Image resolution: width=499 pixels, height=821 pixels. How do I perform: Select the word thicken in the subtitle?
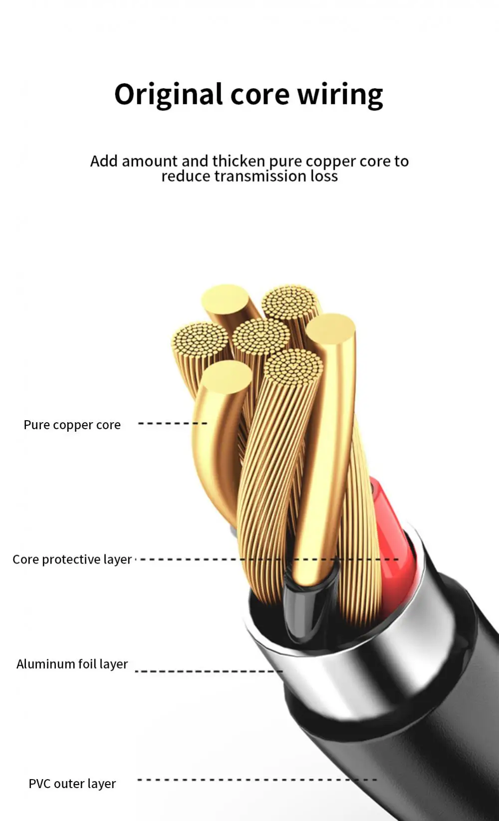point(239,161)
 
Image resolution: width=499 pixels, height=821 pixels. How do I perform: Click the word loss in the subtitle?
point(324,176)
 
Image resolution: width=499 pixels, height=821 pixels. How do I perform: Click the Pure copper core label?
point(72,425)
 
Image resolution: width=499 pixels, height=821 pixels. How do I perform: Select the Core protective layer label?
point(72,559)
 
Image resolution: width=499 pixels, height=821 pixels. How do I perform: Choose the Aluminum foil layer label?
point(72,664)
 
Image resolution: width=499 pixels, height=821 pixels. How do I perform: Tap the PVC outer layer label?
point(72,784)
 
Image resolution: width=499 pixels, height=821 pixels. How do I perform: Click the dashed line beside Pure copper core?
point(172,423)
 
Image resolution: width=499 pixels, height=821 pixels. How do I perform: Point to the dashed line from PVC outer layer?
point(257,779)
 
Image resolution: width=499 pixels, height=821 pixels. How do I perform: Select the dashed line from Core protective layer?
point(190,559)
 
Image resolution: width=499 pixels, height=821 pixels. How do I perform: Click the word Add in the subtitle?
point(104,161)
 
